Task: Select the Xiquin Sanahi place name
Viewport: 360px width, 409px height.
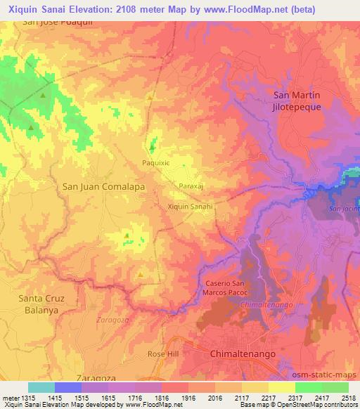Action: [190, 207]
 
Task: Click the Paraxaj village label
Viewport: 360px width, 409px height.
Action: [191, 186]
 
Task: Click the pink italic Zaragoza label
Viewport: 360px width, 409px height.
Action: [110, 319]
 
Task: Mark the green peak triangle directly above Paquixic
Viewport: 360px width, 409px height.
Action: [151, 147]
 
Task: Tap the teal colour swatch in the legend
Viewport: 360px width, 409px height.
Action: [41, 387]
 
